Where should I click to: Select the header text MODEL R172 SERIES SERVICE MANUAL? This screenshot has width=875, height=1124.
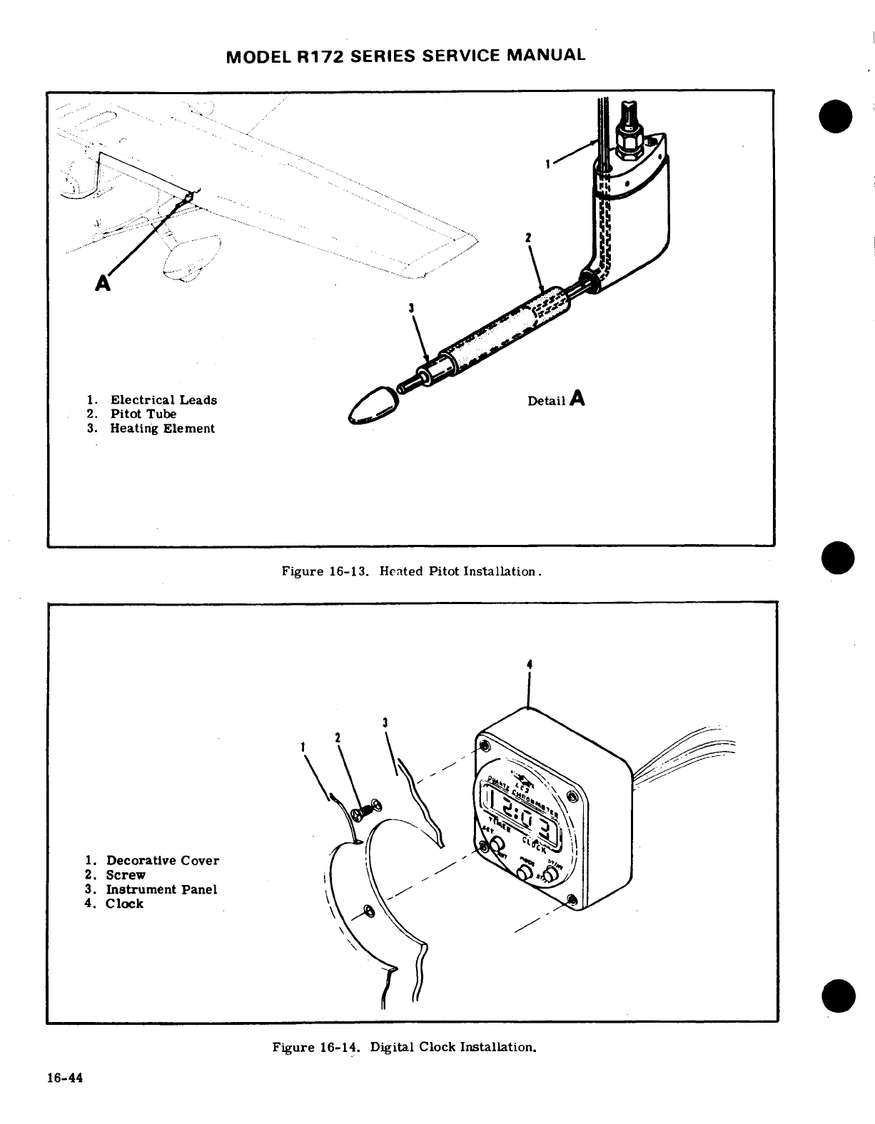point(405,55)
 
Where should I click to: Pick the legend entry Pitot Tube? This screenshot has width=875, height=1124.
point(143,414)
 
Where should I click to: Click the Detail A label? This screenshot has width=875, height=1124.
point(556,399)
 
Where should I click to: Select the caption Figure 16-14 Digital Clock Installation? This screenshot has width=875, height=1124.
point(404,1047)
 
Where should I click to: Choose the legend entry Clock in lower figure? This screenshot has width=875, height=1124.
point(124,904)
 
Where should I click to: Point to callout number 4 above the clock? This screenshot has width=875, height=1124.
point(528,665)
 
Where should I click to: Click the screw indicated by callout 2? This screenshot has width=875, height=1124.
point(368,809)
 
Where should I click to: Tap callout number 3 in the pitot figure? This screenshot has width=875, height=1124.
point(411,309)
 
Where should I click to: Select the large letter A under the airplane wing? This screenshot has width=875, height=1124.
point(104,284)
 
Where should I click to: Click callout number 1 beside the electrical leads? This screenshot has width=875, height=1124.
point(547,164)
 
